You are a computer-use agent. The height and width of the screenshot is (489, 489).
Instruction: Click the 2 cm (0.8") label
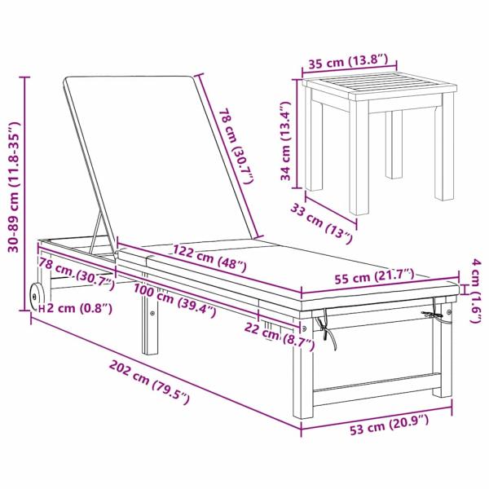[76, 309]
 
